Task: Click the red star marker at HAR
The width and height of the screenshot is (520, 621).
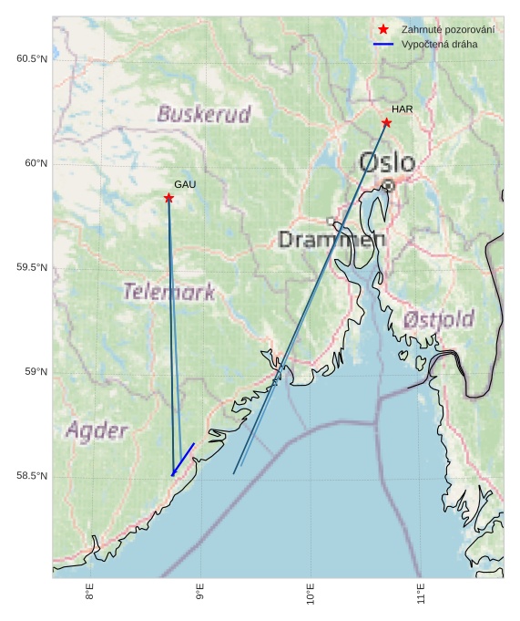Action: pyautogui.click(x=386, y=122)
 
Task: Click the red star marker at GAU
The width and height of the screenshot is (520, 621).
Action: pyautogui.click(x=168, y=198)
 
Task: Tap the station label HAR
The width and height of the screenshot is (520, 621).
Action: pyautogui.click(x=403, y=109)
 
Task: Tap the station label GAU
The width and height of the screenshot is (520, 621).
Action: pyautogui.click(x=185, y=184)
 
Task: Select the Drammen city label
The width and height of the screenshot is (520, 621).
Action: pyautogui.click(x=331, y=240)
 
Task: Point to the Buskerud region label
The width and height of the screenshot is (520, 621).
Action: pyautogui.click(x=204, y=115)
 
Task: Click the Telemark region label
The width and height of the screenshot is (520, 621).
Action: pyautogui.click(x=169, y=293)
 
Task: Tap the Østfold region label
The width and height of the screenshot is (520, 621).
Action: pyautogui.click(x=438, y=320)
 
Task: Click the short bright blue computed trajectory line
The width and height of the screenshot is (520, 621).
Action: pyautogui.click(x=183, y=459)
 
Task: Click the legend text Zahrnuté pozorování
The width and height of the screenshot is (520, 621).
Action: pyautogui.click(x=447, y=30)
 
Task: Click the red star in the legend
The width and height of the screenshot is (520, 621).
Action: pyautogui.click(x=383, y=30)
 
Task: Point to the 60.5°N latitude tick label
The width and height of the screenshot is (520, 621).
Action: pyautogui.click(x=31, y=59)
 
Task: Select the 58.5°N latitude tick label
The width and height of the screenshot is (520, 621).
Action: pyautogui.click(x=31, y=476)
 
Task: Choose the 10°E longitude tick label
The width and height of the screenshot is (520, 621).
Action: pyautogui.click(x=310, y=595)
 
